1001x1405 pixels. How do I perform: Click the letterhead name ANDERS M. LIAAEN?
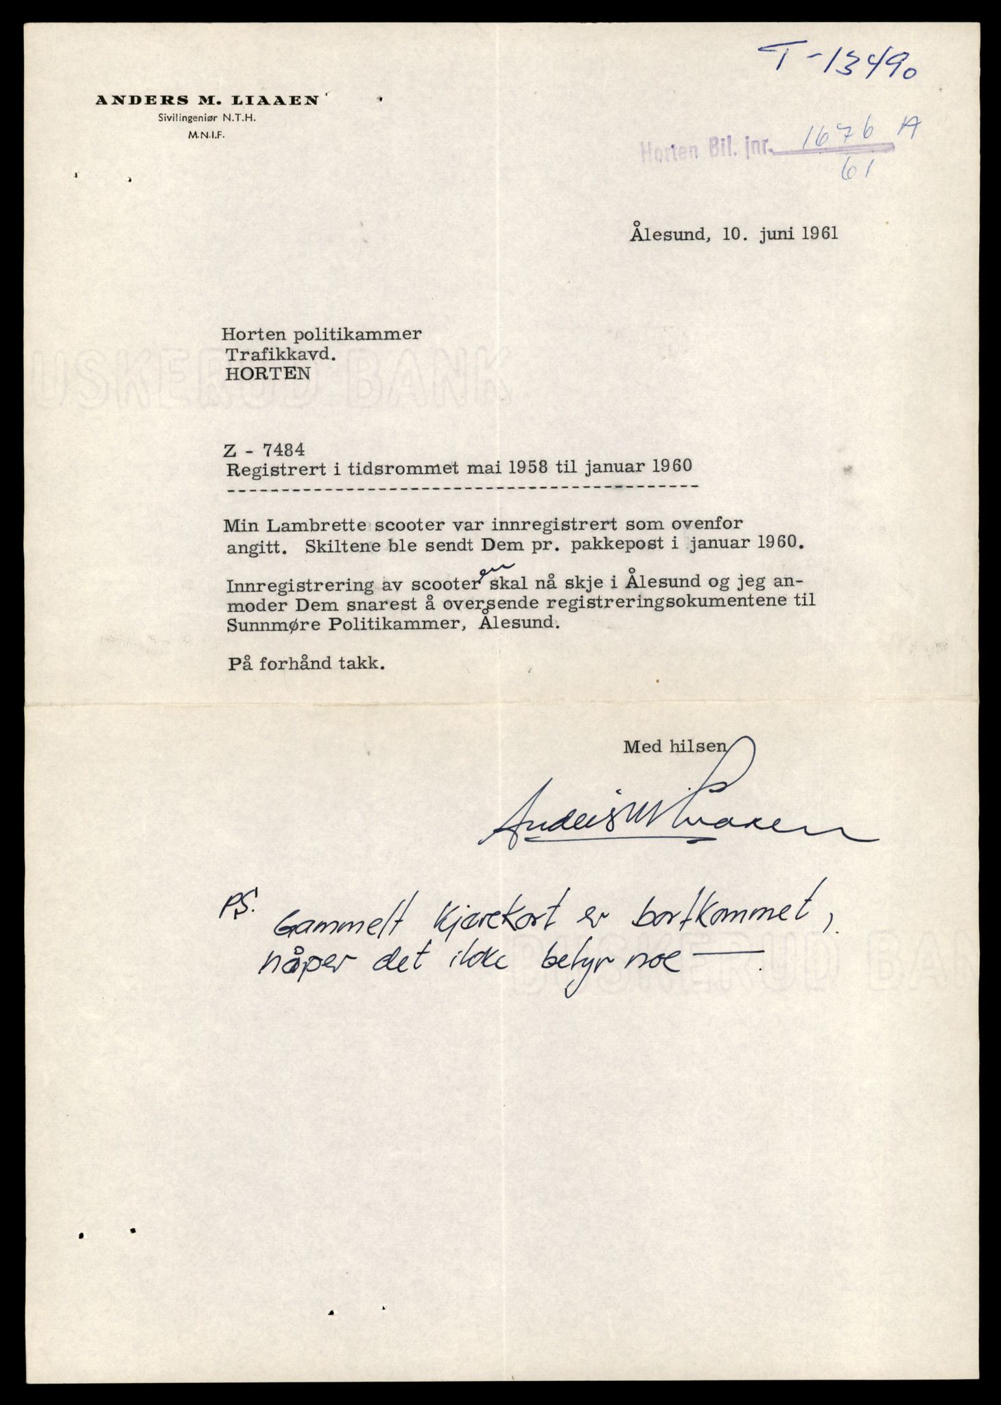click(x=207, y=100)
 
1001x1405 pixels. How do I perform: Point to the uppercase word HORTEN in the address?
click(x=266, y=374)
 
